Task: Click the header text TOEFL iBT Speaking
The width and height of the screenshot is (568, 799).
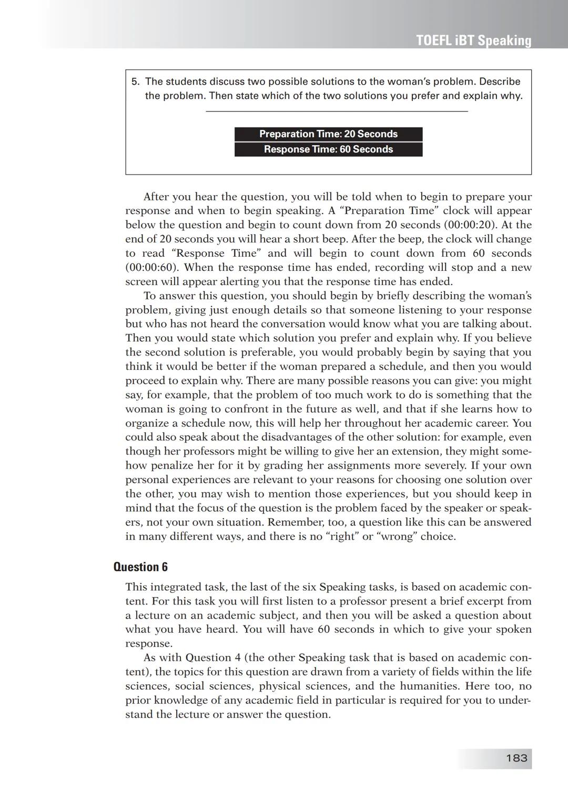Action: coord(473,41)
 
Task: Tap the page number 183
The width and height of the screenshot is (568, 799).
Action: coord(516,758)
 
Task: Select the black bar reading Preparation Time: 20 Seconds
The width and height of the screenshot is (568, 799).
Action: coord(328,134)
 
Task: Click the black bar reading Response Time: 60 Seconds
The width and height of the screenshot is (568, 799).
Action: coord(328,149)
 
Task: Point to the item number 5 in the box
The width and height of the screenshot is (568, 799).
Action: coord(135,82)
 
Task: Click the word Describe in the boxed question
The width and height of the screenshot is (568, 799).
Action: coord(500,82)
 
